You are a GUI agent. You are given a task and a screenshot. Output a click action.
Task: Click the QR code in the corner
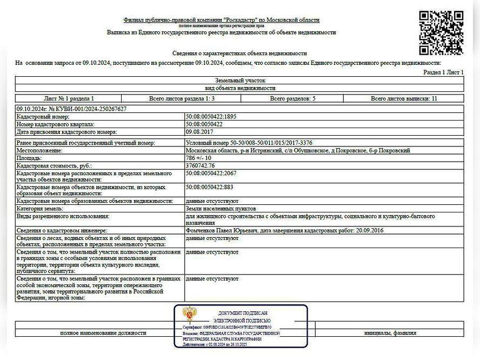pyautogui.click(x=441, y=32)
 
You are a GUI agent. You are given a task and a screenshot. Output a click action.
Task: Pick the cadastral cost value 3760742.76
pyautogui.click(x=200, y=165)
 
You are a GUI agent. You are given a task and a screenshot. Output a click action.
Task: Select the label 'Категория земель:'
pyautogui.click(x=40, y=208)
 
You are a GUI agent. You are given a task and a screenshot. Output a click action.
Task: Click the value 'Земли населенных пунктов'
pyautogui.click(x=221, y=208)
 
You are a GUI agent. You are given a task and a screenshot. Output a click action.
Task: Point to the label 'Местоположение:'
pyautogui.click(x=39, y=150)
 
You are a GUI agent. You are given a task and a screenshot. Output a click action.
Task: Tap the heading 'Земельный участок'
pyautogui.click(x=240, y=80)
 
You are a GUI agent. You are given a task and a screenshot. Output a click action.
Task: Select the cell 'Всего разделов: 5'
pyautogui.click(x=297, y=98)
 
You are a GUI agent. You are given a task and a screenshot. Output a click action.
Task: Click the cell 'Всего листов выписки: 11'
pyautogui.click(x=404, y=98)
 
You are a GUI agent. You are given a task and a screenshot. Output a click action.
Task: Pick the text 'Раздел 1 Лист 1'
pyautogui.click(x=443, y=72)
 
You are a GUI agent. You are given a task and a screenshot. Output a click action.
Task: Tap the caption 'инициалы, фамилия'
pyautogui.click(x=389, y=333)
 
